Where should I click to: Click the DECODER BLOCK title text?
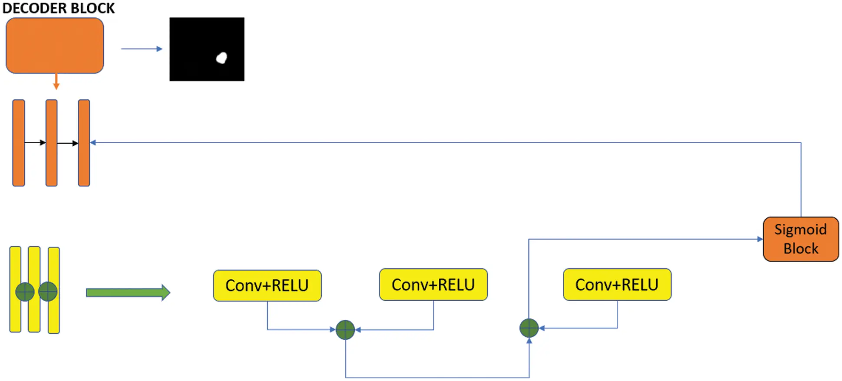[x=59, y=8]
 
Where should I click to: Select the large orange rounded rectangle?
[x=55, y=46]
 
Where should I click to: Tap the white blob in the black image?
[x=222, y=58]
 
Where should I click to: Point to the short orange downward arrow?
[x=56, y=82]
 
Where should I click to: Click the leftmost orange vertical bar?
[x=19, y=143]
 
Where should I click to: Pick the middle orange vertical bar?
[x=52, y=143]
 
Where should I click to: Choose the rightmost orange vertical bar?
[x=84, y=143]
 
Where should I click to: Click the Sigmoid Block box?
[x=801, y=239]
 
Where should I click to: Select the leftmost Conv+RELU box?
[x=267, y=286]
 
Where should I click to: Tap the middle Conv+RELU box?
[x=434, y=285]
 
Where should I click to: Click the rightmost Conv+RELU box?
[x=617, y=285]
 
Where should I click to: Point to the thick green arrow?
[x=128, y=292]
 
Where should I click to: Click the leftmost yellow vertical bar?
[x=16, y=289]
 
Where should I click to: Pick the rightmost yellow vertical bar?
[x=54, y=290]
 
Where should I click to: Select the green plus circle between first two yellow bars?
[x=25, y=292]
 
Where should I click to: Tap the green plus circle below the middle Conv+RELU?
[x=345, y=330]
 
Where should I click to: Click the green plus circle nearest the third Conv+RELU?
[x=529, y=328]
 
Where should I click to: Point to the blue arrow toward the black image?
[x=141, y=49]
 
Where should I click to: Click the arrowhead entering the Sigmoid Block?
[x=760, y=239]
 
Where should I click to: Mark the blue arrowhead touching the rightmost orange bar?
[x=93, y=142]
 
